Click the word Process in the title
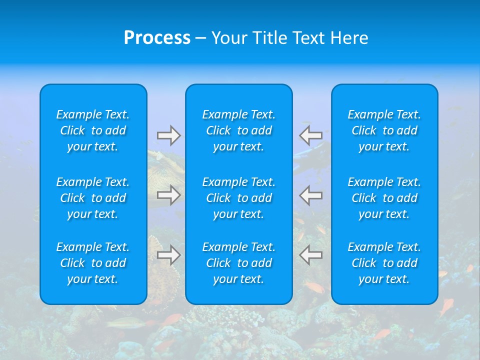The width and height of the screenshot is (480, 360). [157, 38]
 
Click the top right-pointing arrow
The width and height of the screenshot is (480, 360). [169, 135]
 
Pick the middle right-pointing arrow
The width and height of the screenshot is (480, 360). [169, 195]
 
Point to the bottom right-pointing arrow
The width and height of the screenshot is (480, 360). [169, 255]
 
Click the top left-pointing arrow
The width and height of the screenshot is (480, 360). [310, 135]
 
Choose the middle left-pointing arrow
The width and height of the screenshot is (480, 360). [310, 195]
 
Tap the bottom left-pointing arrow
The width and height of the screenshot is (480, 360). [310, 255]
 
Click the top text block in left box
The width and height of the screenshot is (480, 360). [93, 130]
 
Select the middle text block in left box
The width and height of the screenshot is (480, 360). [93, 198]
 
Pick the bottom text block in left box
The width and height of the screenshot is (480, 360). [93, 263]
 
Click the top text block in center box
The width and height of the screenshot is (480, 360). [239, 130]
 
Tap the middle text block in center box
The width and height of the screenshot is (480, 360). [239, 198]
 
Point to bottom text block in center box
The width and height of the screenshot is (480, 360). [239, 263]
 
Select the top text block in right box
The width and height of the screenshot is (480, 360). [384, 130]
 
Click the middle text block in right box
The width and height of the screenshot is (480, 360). [384, 198]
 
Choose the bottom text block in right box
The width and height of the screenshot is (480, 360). [384, 263]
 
